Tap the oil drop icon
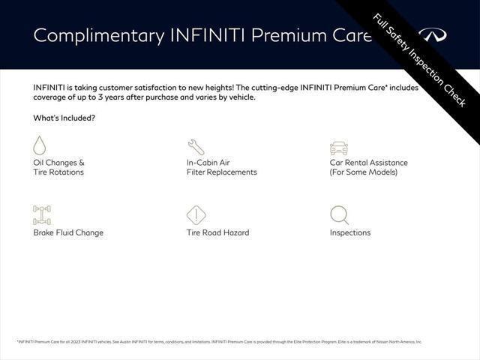(x=40, y=145)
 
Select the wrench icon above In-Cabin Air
(x=195, y=146)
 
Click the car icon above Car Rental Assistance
(x=339, y=147)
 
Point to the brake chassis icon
(x=42, y=215)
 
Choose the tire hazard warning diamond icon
(x=196, y=215)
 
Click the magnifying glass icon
(x=339, y=215)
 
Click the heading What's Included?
(x=64, y=118)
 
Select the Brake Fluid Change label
(x=68, y=232)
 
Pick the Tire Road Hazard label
(x=217, y=232)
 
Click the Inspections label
(x=350, y=232)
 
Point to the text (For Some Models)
(x=364, y=172)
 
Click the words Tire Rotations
(x=58, y=172)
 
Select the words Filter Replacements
(x=221, y=172)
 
